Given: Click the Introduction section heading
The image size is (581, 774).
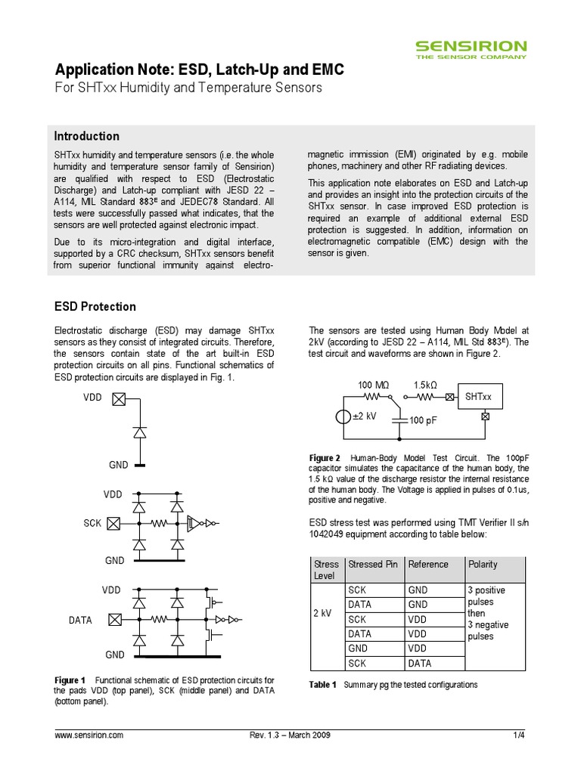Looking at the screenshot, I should click(x=86, y=136).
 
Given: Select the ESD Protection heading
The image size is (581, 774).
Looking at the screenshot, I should click(x=95, y=307).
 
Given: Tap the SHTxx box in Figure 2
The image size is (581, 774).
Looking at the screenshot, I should click(x=479, y=396).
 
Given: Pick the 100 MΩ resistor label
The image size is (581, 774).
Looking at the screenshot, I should click(x=374, y=385).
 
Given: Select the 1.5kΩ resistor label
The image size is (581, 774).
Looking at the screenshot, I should click(x=428, y=385).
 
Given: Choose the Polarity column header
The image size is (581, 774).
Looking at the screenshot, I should click(x=483, y=564).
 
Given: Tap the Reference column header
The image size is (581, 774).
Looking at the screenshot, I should click(x=427, y=564).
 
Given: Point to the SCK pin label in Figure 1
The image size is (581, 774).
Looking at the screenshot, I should click(x=93, y=522).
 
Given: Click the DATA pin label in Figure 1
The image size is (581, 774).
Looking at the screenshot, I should click(x=80, y=620).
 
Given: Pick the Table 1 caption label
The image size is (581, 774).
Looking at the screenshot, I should click(x=323, y=685).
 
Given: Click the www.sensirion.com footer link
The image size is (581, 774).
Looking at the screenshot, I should click(x=89, y=735).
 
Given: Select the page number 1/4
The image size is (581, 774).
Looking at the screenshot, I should click(x=519, y=735).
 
